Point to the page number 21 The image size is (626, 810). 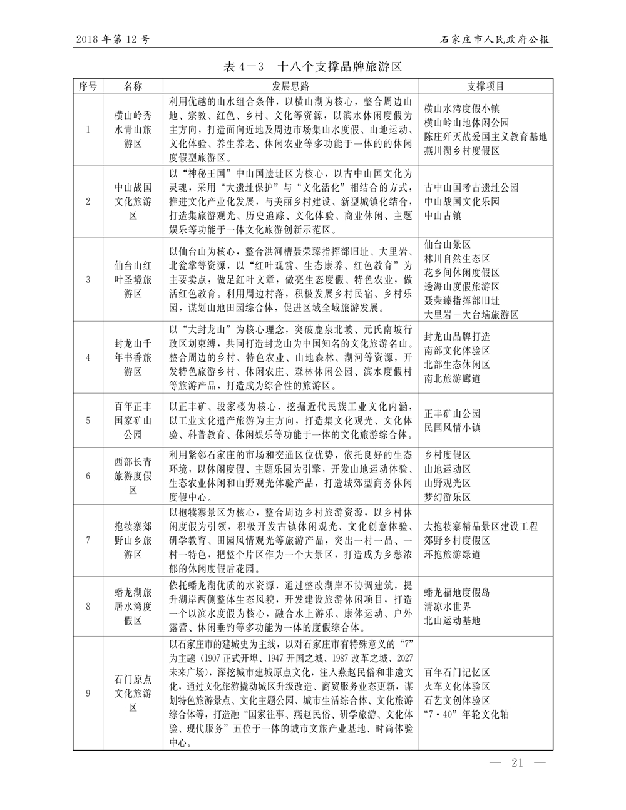pyautogui.click(x=517, y=762)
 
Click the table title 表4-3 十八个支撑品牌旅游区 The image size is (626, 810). pyautogui.click(x=312, y=66)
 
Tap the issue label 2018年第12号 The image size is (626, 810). pyautogui.click(x=112, y=39)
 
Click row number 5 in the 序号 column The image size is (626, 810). pyautogui.click(x=88, y=420)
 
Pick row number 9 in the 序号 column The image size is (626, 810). pyautogui.click(x=88, y=693)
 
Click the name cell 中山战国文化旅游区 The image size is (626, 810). pyautogui.click(x=133, y=201)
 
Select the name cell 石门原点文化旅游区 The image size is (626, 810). pyautogui.click(x=133, y=693)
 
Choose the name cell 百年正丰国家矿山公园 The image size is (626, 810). pyautogui.click(x=133, y=420)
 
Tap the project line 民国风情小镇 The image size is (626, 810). pyautogui.click(x=453, y=428)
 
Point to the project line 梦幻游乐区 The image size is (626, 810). pyautogui.click(x=448, y=497)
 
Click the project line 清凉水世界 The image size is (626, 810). pyautogui.click(x=448, y=607)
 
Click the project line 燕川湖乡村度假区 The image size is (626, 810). pyautogui.click(x=462, y=151)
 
